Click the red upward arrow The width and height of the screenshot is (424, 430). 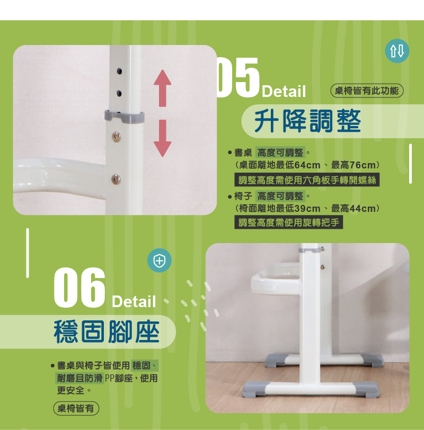163,88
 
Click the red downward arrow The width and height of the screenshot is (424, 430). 163,138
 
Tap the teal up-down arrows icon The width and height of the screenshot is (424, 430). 397,51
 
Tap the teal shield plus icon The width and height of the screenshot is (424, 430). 160,260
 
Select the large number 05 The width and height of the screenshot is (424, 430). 238,78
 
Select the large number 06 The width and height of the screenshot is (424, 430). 79,288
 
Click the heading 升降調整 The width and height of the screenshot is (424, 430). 307,121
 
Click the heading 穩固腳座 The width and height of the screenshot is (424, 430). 107,332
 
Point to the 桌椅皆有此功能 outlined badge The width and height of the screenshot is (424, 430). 367,91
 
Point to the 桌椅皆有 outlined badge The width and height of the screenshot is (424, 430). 76,408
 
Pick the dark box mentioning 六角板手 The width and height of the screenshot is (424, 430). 307,180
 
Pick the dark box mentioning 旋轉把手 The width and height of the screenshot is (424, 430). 289,222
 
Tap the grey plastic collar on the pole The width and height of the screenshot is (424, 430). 125,117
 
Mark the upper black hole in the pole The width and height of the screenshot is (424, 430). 119,71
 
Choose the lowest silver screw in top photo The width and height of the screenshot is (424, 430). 116,179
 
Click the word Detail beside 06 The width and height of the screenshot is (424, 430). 134,302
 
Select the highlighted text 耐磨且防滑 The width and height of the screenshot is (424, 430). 79,379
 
